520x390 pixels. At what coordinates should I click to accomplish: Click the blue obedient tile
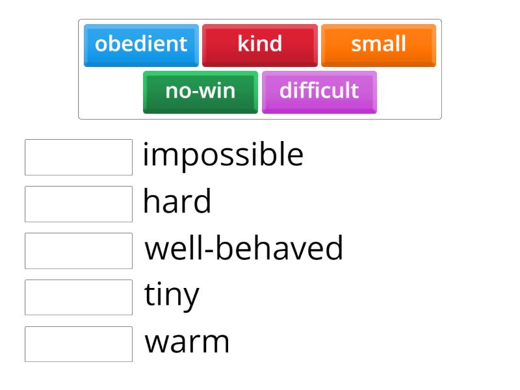coord(141,45)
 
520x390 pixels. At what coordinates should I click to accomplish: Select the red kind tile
coord(260,45)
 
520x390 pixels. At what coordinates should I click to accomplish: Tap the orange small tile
coord(378,45)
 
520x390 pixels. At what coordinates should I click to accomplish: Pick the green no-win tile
coord(200,91)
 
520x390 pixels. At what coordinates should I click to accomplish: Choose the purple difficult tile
coord(319,91)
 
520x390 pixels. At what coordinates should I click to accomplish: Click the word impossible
coord(223,155)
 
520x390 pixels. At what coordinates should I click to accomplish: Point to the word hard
coord(177,201)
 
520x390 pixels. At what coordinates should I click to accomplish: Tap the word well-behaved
coord(244,248)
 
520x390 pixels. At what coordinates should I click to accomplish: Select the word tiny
coord(172,296)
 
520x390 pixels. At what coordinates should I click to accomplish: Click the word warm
coord(187,342)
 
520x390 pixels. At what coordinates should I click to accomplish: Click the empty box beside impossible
coord(79,157)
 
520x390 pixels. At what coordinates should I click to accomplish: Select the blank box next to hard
coord(79,204)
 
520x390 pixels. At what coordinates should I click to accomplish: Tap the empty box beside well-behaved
coord(79,251)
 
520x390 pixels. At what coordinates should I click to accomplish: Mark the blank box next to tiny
coord(79,298)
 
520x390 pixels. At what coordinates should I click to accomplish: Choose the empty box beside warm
coord(79,344)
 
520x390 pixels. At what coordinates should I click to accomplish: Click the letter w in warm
coord(155,343)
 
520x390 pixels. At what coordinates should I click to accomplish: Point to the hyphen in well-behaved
coord(207,250)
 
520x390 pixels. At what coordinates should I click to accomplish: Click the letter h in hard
coord(151,201)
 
